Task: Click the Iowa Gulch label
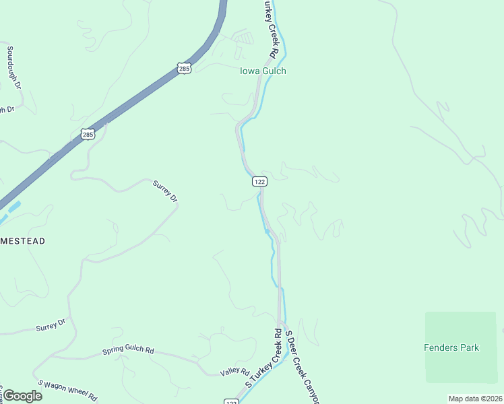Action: (263, 71)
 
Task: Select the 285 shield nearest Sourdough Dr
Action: (88, 135)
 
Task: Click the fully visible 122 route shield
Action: (260, 181)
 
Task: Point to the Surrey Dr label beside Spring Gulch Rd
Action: (51, 326)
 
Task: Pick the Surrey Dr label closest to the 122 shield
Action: (165, 191)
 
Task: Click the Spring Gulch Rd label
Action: (128, 351)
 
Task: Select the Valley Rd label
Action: (235, 372)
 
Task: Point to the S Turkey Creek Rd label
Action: (263, 358)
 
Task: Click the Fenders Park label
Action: (451, 347)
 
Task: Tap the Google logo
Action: (22, 396)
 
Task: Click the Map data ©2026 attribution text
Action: (475, 399)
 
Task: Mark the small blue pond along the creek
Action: (267, 231)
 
